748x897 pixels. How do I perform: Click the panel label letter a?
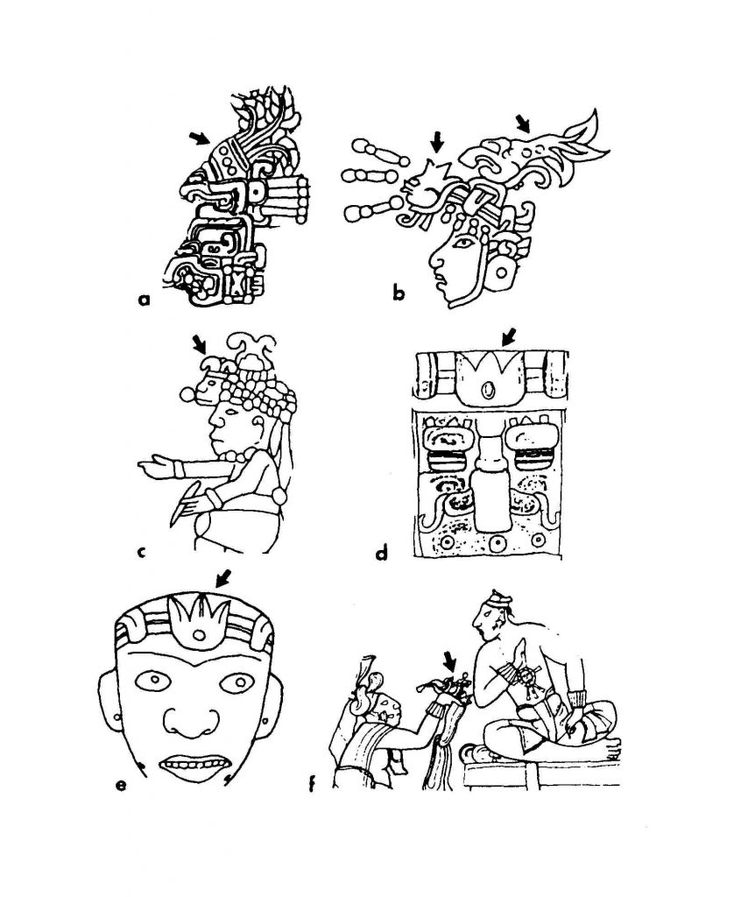(145, 299)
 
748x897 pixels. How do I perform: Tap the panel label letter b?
(399, 293)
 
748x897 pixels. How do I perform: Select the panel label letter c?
(142, 552)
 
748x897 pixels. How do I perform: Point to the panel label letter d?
(381, 553)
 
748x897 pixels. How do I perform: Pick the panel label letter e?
(121, 785)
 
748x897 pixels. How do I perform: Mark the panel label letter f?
(312, 783)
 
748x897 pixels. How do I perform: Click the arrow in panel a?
(200, 138)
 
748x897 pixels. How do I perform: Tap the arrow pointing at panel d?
(508, 336)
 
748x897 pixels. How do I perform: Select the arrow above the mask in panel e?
(223, 578)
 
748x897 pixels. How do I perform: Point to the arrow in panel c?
(200, 343)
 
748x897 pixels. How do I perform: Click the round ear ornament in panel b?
(502, 273)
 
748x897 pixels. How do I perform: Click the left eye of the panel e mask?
(153, 680)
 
